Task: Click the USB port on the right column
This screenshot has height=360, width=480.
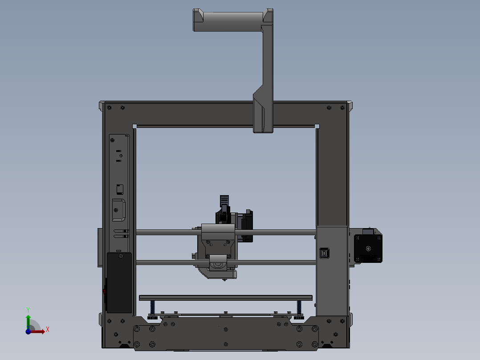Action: click(x=324, y=253)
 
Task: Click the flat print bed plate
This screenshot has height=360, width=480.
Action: click(x=225, y=298)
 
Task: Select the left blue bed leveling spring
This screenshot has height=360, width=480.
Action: click(x=153, y=307)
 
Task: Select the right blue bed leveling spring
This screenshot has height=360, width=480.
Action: click(x=298, y=307)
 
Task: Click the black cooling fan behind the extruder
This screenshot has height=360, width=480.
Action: click(x=246, y=226)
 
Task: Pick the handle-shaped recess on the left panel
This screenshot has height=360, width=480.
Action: click(x=118, y=210)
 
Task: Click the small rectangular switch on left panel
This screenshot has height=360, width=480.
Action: click(x=119, y=189)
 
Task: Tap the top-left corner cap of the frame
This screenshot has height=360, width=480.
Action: click(x=102, y=106)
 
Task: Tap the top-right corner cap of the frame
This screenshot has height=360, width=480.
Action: click(x=350, y=106)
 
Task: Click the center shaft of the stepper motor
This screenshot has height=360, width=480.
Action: click(x=368, y=249)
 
